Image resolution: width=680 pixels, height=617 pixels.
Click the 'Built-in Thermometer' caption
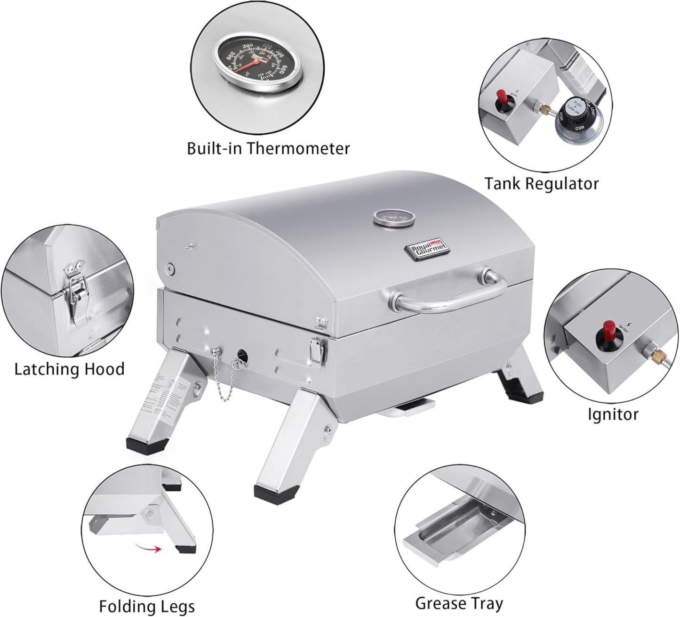268,148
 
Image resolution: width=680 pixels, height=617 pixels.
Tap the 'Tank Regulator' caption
541,183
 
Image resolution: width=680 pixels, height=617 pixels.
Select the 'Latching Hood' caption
70,369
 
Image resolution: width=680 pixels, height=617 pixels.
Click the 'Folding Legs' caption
147,606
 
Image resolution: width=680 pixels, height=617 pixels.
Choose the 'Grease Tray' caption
459,603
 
